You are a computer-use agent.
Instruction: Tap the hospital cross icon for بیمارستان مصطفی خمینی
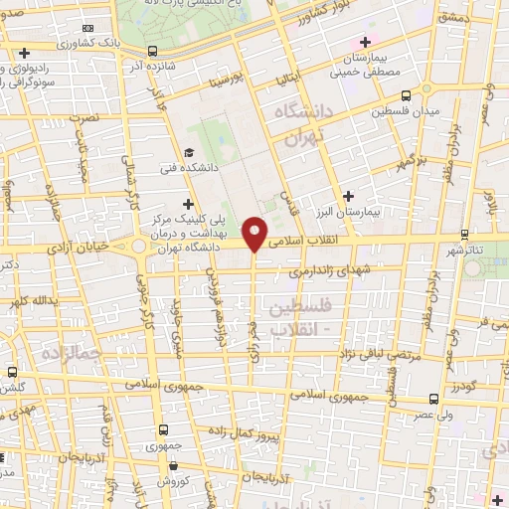(366, 42)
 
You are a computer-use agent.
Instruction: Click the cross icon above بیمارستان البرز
(348, 196)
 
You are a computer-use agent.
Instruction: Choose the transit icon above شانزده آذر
(151, 51)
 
